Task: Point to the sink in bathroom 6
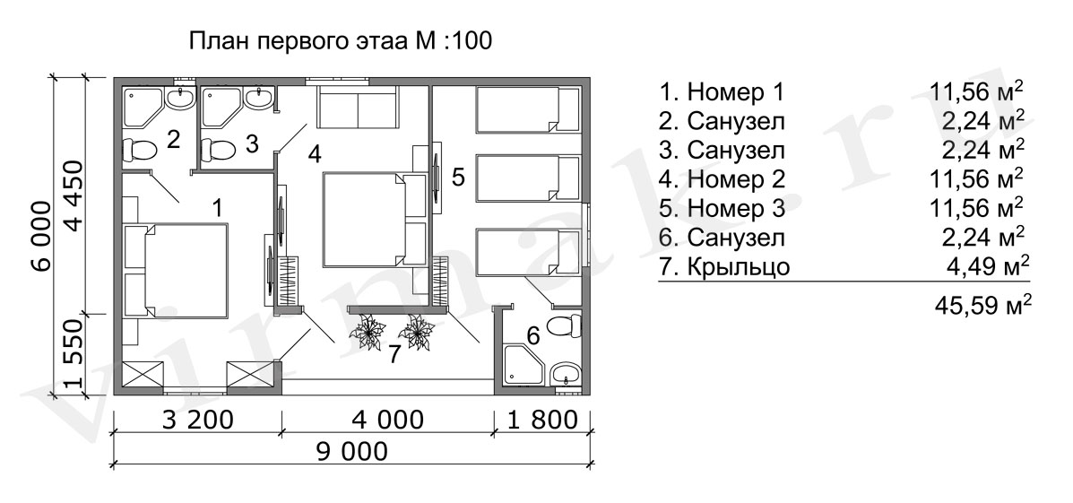pos(566,375)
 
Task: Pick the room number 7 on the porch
pos(394,354)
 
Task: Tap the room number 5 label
pos(458,178)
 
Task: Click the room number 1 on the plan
pos(217,207)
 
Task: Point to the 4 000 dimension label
pos(389,420)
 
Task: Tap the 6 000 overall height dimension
pos(42,236)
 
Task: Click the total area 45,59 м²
pos(982,305)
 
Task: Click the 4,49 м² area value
pos(986,266)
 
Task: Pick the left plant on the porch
pos(368,332)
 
